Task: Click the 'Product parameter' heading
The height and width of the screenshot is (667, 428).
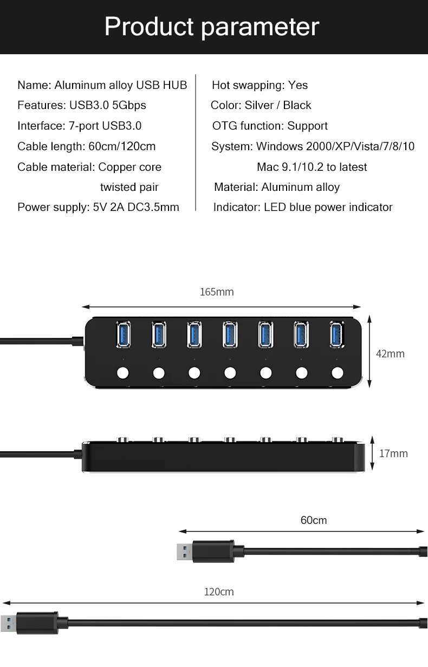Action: point(212,27)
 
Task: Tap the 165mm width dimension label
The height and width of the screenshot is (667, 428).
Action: point(217,292)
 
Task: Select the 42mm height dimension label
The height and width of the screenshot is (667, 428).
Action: point(390,354)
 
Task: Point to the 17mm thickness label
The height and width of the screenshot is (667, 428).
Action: point(393,453)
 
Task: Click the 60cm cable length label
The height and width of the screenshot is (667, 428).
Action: point(314,521)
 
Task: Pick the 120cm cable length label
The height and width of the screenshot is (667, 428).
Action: point(219,592)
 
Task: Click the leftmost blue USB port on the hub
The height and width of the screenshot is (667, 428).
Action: point(123,334)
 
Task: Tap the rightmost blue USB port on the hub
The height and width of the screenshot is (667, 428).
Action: point(337,334)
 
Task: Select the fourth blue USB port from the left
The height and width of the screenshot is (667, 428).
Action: point(230,334)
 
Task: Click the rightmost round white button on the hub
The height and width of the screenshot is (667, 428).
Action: point(337,373)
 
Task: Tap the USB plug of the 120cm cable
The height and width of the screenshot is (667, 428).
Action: point(33,623)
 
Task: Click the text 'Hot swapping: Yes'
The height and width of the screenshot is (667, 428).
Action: point(260,85)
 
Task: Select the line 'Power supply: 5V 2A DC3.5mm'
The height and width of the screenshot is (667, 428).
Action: point(98,207)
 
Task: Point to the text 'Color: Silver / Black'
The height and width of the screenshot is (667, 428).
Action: point(261,105)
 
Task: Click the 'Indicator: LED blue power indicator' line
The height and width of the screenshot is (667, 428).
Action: point(303,207)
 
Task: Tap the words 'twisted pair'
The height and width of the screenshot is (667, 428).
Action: point(129,187)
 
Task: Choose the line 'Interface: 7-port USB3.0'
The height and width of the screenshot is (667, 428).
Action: point(79,126)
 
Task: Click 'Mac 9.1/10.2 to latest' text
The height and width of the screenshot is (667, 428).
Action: point(312,167)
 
